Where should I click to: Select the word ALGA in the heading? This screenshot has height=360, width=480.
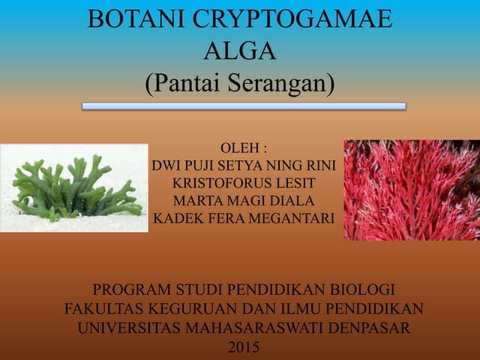click(x=239, y=51)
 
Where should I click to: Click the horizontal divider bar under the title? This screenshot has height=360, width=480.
click(x=244, y=106)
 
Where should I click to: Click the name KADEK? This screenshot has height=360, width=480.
click(x=175, y=218)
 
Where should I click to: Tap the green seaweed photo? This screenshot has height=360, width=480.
click(x=74, y=188)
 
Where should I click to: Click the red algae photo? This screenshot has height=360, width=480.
click(x=411, y=190)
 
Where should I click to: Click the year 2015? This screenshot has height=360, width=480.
click(x=242, y=347)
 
